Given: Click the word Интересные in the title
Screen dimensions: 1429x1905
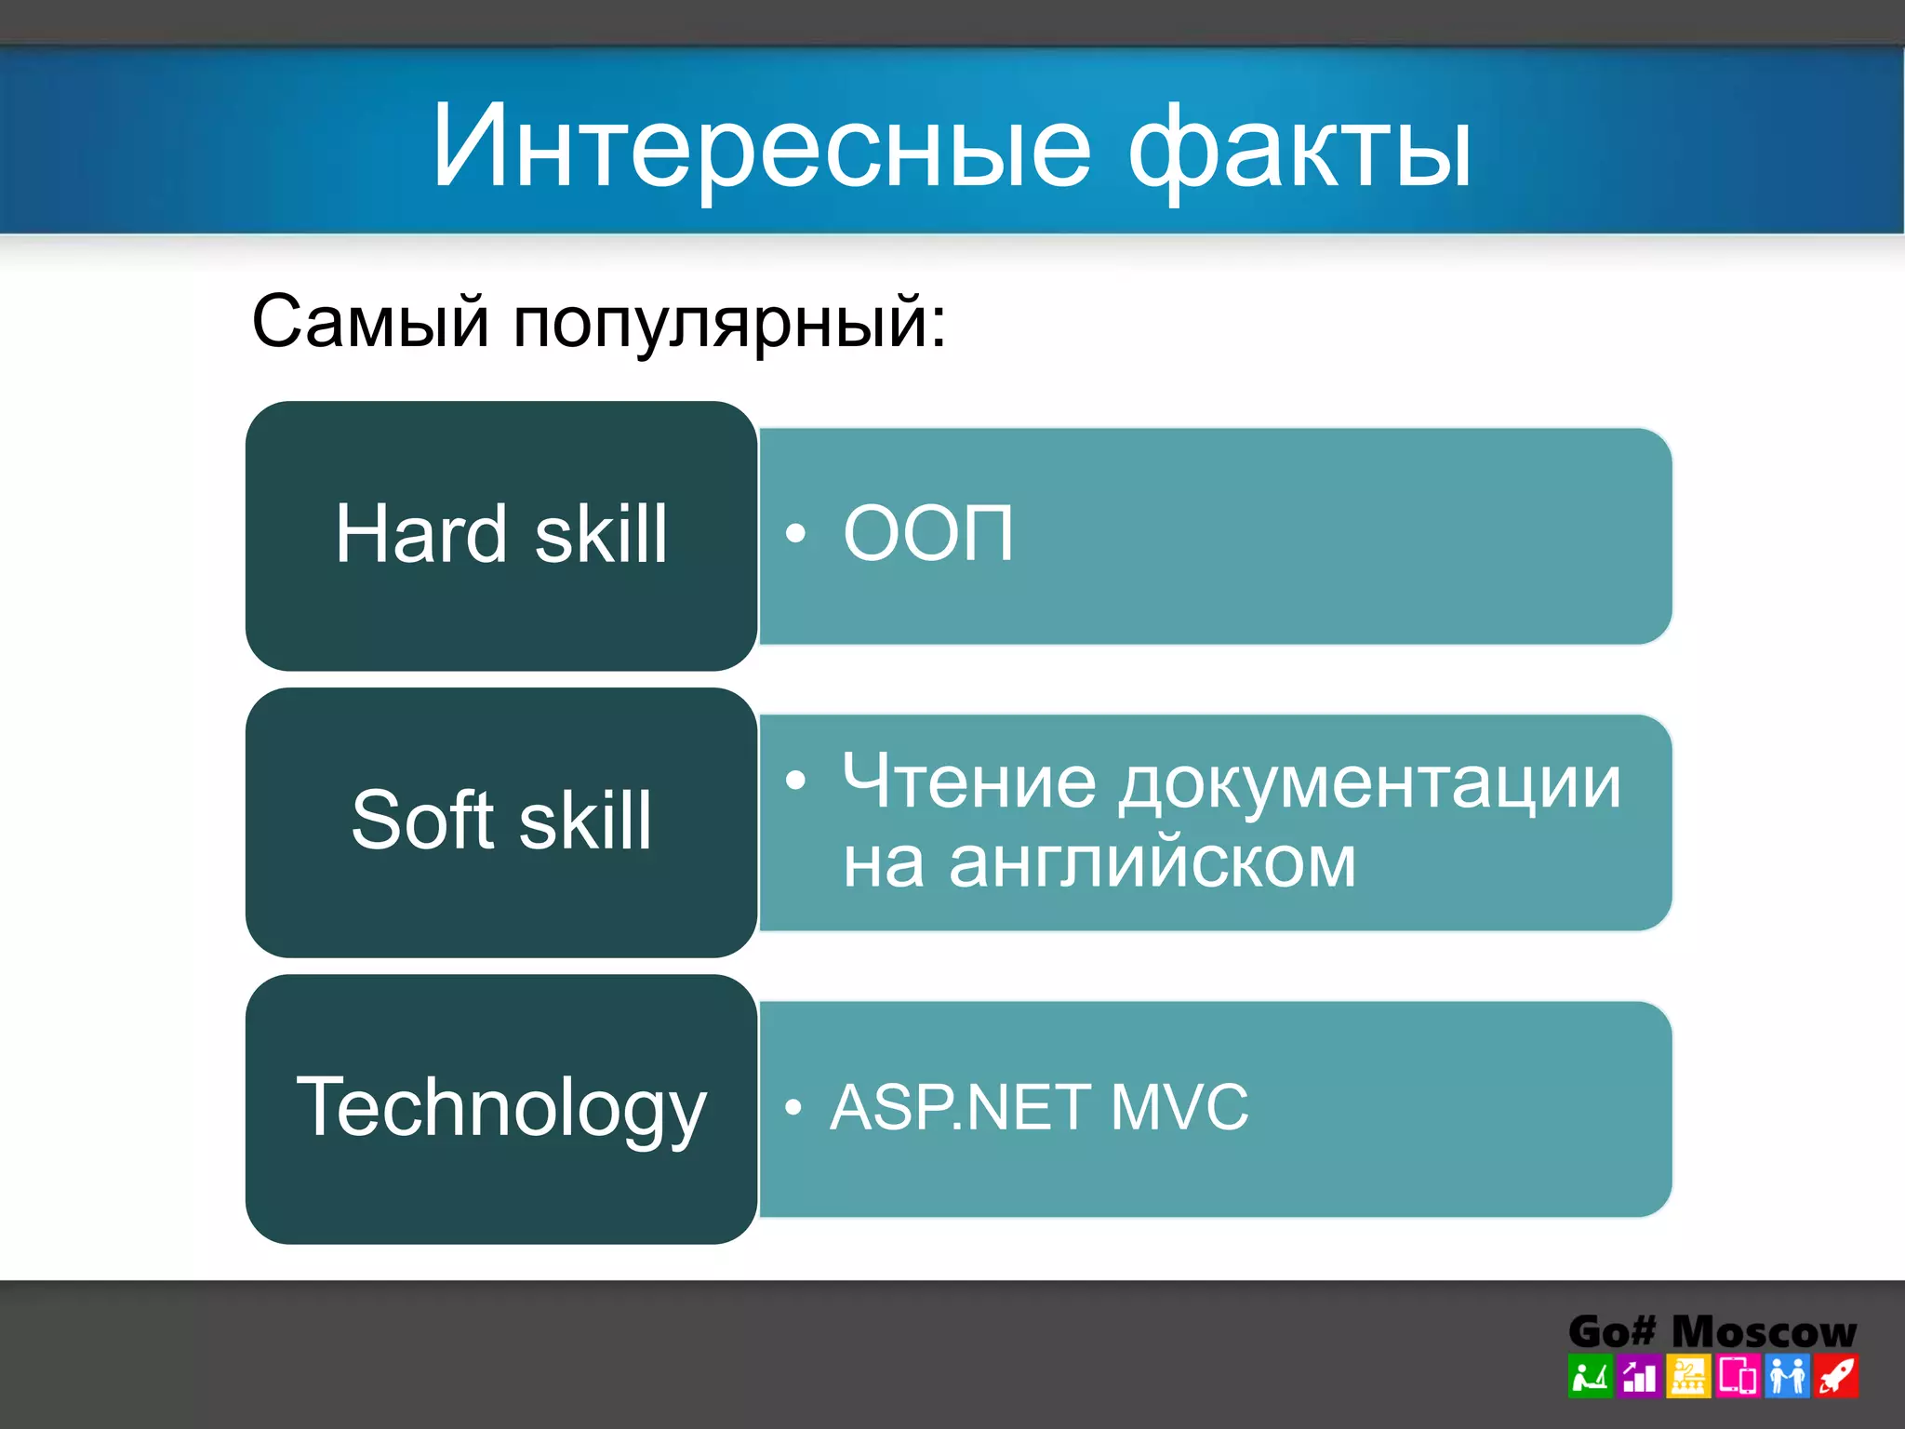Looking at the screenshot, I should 760,147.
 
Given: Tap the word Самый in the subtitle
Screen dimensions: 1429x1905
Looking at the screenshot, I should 370,321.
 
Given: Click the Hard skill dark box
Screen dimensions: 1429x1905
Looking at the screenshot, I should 501,535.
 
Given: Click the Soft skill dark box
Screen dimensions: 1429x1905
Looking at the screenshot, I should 501,821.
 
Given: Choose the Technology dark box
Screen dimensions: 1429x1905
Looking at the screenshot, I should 501,1108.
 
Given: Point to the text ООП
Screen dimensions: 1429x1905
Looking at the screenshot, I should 927,533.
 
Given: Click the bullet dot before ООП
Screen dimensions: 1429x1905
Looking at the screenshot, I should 795,534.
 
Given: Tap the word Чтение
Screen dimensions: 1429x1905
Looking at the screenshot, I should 969,781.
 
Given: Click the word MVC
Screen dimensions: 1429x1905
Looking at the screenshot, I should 1179,1107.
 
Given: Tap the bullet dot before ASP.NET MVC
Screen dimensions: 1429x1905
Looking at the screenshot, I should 793,1107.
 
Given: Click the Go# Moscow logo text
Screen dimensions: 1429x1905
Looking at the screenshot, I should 1712,1331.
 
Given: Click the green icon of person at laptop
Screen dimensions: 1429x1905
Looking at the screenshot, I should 1590,1377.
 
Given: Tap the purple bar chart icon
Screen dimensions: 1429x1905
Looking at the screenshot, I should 1639,1377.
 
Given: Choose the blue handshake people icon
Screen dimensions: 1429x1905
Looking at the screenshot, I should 1787,1377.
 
